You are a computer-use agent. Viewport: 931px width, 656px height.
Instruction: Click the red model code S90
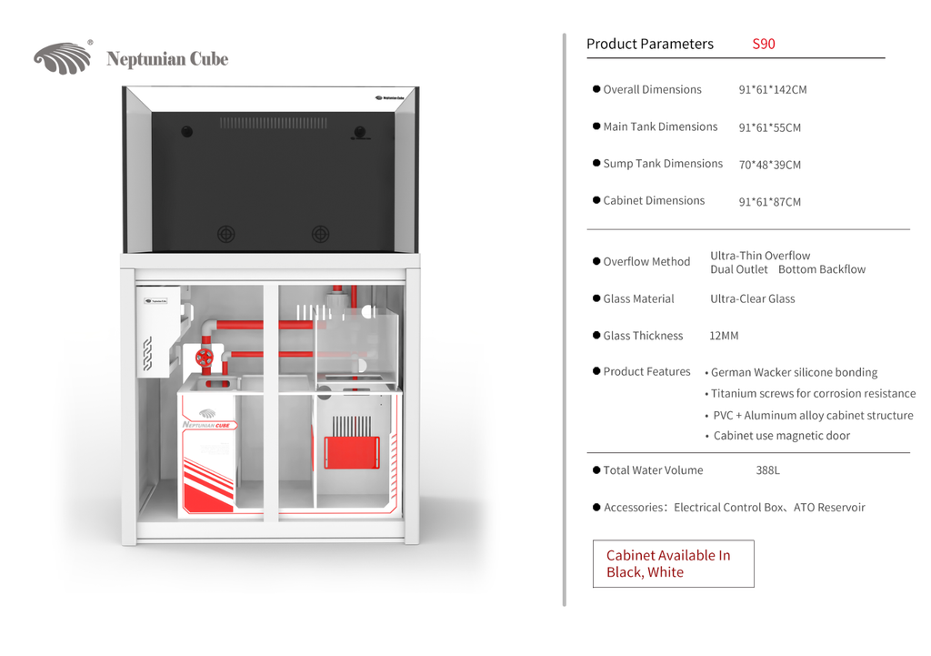764,44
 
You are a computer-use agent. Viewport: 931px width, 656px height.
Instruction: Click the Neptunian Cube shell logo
63,58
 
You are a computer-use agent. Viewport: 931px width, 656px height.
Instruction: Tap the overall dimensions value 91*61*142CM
773,90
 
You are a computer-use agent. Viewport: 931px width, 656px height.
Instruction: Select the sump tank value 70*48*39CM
769,165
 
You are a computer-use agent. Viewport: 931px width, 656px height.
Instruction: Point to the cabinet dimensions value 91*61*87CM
769,202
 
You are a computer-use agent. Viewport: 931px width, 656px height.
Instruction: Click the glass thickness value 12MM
724,336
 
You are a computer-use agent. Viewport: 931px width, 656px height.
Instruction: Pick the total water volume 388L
767,470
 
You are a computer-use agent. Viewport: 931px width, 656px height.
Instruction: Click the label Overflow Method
646,261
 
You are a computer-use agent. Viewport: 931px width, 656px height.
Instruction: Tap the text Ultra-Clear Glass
752,298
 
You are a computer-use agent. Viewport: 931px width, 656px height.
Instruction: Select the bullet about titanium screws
810,393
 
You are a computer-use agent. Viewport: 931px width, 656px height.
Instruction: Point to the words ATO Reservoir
829,508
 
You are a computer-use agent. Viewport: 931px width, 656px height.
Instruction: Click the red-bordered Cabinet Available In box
674,564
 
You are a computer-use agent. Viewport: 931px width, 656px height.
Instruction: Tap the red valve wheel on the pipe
205,358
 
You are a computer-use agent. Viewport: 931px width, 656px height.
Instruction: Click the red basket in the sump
352,453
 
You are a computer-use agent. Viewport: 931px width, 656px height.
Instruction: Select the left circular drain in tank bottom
225,234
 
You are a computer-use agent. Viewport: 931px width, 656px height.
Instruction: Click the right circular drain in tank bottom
321,234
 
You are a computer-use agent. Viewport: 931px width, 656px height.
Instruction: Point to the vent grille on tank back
273,123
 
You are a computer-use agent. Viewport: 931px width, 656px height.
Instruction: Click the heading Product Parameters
650,44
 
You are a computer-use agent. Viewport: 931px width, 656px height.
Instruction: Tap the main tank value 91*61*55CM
769,127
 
